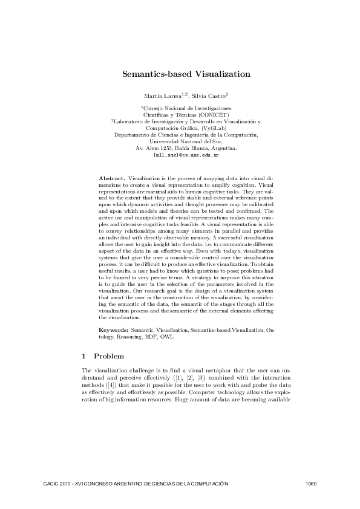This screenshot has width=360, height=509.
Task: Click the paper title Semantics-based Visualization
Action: [x=186, y=74]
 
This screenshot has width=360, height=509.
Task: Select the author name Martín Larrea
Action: [x=159, y=96]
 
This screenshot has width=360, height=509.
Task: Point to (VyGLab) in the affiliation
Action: [x=214, y=128]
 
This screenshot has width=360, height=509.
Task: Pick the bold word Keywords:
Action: [x=113, y=331]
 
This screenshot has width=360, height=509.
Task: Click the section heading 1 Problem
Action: [x=103, y=356]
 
